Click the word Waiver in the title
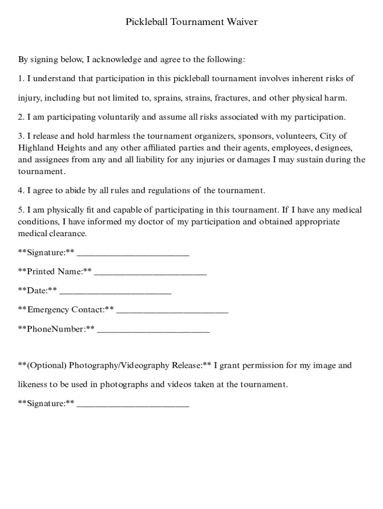click(x=242, y=22)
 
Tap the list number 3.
click(x=20, y=136)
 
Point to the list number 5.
click(x=20, y=210)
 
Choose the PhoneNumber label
click(x=56, y=329)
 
